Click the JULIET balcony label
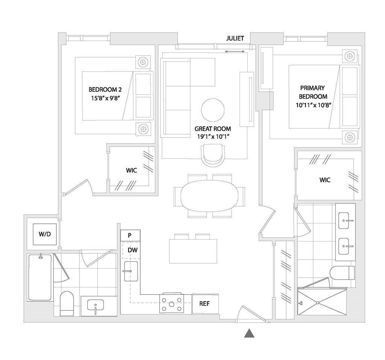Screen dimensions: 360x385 (x=235, y=38)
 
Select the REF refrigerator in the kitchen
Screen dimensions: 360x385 (x=204, y=304)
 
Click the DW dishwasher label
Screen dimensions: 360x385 (x=132, y=250)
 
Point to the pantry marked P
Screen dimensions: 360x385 (x=130, y=235)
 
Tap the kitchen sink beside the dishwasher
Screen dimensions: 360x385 (x=130, y=271)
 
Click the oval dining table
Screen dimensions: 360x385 (x=209, y=195)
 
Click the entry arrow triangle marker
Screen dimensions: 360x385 (x=248, y=333)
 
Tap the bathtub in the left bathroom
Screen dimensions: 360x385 (x=39, y=277)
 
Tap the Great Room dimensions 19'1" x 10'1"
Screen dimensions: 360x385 (x=213, y=137)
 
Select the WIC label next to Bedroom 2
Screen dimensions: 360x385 (x=131, y=170)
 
